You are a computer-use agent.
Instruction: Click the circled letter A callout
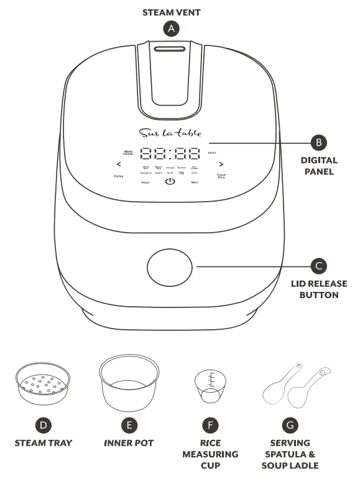(170, 29)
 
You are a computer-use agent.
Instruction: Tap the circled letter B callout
(319, 142)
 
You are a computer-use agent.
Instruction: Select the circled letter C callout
(319, 266)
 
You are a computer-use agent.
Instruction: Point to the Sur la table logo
(170, 133)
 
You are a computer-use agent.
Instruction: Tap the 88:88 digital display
(170, 153)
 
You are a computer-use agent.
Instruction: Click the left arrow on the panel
(119, 165)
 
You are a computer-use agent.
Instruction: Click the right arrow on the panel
(221, 165)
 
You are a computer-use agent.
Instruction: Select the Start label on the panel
(212, 152)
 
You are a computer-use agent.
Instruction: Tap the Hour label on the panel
(145, 182)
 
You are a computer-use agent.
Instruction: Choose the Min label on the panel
(195, 182)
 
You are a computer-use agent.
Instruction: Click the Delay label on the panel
(118, 176)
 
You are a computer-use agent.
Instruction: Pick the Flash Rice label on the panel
(221, 176)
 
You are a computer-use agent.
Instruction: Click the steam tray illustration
(43, 386)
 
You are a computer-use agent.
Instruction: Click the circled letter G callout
(289, 425)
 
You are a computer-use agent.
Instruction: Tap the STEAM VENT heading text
(170, 12)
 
